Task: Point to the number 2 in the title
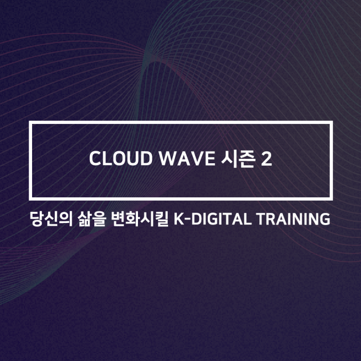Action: pyautogui.click(x=266, y=160)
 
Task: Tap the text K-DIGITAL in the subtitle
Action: pyautogui.click(x=212, y=219)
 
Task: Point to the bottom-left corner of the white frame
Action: pyautogui.click(x=31, y=198)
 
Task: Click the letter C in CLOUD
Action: pyautogui.click(x=95, y=160)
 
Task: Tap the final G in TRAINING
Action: pyautogui.click(x=325, y=219)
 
